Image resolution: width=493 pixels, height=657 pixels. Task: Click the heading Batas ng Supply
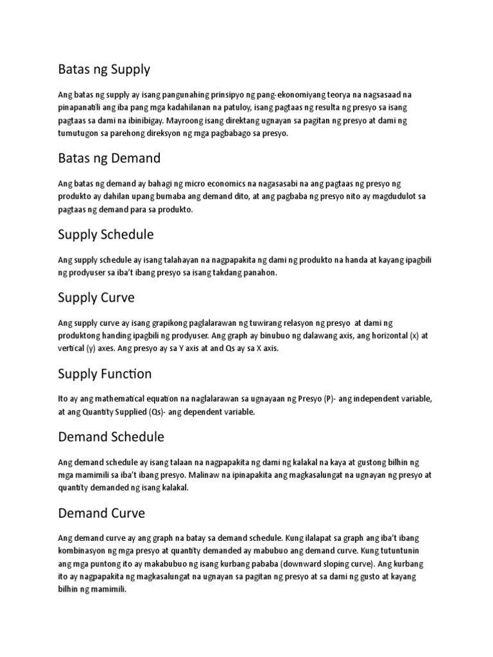coord(103,69)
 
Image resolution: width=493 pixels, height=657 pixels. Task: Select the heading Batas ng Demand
coord(109,158)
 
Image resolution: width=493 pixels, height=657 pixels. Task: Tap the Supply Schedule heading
coord(106,234)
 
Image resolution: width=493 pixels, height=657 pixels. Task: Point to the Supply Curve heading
coord(96,298)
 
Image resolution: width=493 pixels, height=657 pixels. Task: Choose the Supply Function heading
coord(105,373)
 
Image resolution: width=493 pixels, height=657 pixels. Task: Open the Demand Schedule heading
coord(111,437)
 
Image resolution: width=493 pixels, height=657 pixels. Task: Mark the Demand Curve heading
coord(101,513)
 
